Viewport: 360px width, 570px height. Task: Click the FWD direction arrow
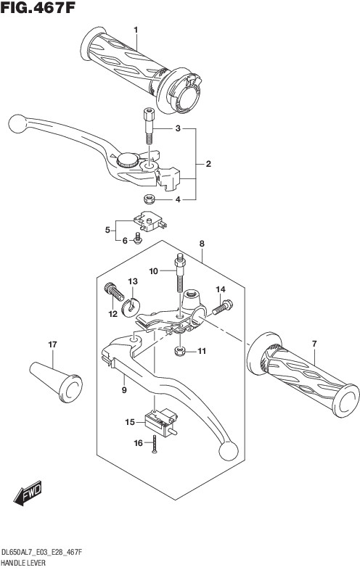click(x=28, y=493)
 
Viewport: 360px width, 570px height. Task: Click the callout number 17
click(x=52, y=344)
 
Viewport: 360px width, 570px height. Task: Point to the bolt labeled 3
click(x=149, y=125)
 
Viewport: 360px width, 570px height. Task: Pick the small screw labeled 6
click(x=138, y=239)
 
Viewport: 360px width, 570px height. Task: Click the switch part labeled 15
click(x=161, y=421)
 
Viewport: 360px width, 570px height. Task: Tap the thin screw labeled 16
click(x=155, y=445)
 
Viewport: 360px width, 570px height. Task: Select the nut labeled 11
click(x=180, y=351)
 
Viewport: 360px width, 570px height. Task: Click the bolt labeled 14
click(x=222, y=307)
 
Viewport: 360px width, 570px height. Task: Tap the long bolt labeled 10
click(x=179, y=272)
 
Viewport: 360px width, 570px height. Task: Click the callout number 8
click(x=202, y=244)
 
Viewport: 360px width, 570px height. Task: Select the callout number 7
click(x=314, y=344)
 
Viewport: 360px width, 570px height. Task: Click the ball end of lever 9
click(x=229, y=451)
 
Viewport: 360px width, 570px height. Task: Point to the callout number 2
click(x=208, y=164)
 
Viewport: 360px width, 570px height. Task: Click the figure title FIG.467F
click(x=38, y=8)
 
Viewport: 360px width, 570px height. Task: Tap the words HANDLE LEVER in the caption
click(x=24, y=563)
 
